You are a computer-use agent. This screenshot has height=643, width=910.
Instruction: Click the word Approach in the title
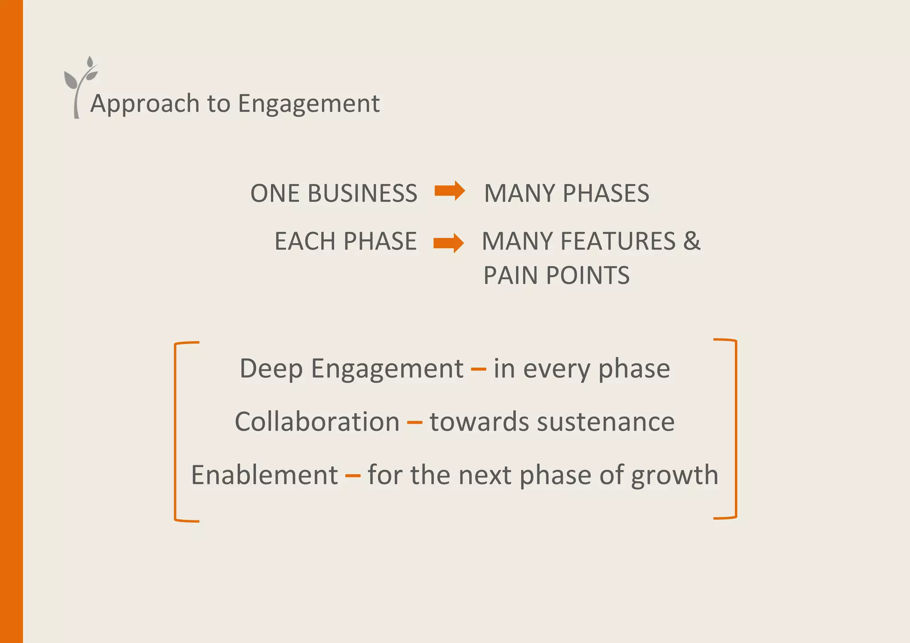point(145,104)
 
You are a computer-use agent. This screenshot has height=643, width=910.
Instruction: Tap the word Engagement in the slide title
point(309,104)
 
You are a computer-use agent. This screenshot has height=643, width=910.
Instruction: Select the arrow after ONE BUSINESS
point(450,191)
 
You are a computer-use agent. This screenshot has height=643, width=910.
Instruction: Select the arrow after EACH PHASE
point(448,242)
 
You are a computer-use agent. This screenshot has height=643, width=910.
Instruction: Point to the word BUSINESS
point(362,194)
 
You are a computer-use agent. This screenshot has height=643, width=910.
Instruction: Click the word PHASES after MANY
point(606,194)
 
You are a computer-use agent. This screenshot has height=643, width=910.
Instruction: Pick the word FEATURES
point(618,242)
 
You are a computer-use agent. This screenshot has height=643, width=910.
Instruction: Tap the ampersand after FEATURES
point(692,242)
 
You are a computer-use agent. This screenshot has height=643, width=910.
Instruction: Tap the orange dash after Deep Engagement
point(478,369)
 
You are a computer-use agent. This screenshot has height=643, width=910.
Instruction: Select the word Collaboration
point(317,422)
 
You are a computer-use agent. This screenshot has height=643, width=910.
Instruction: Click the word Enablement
point(264,475)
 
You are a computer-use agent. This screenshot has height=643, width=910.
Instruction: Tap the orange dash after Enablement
point(353,476)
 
